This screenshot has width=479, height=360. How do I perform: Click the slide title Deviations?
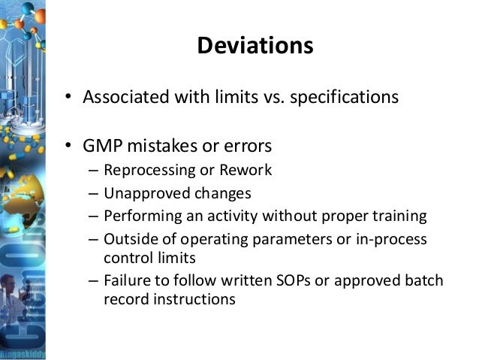[x=255, y=47]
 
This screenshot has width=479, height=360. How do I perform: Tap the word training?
[x=397, y=216]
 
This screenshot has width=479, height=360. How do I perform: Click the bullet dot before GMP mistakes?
[x=67, y=145]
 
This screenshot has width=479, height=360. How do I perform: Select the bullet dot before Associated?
[x=67, y=98]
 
